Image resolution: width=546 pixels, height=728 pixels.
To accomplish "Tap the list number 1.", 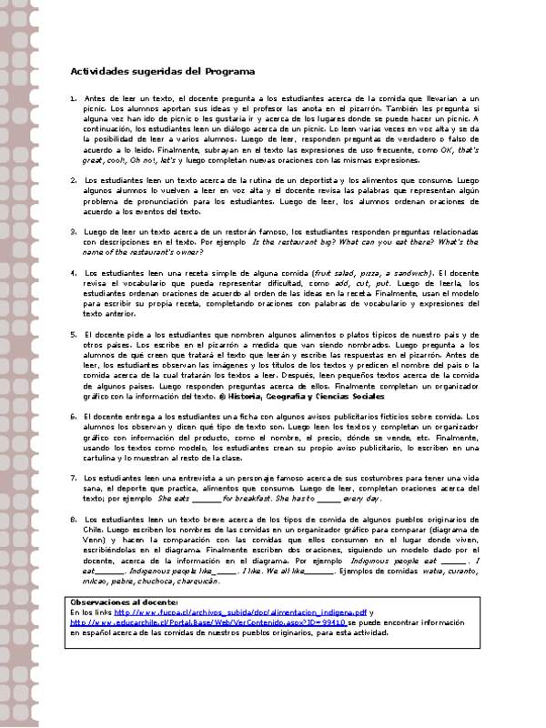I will click(73, 97).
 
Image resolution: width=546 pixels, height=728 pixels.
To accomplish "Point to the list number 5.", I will click(73, 335).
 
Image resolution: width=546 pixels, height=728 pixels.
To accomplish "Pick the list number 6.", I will click(73, 415).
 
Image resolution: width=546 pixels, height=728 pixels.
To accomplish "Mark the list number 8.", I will click(73, 518).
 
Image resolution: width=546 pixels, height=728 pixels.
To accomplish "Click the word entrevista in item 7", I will click(189, 478).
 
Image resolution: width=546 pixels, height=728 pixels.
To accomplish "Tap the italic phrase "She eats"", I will click(174, 499).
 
